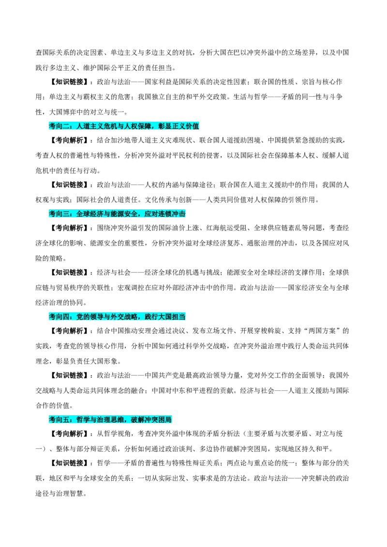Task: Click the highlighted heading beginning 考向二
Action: (x=124, y=126)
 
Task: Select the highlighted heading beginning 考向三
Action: (x=117, y=214)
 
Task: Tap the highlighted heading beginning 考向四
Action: (x=117, y=317)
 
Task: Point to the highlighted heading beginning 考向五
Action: (x=110, y=419)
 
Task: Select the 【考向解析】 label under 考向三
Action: (x=70, y=228)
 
